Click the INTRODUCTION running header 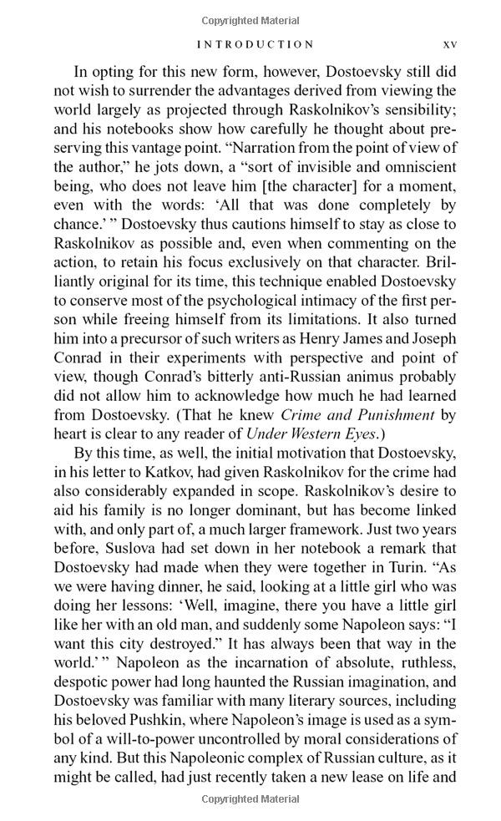click(x=256, y=44)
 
